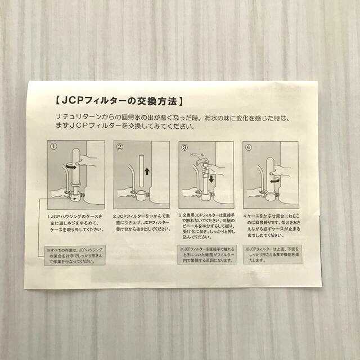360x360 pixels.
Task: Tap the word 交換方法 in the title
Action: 158,102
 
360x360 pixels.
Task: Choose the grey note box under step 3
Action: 206,256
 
